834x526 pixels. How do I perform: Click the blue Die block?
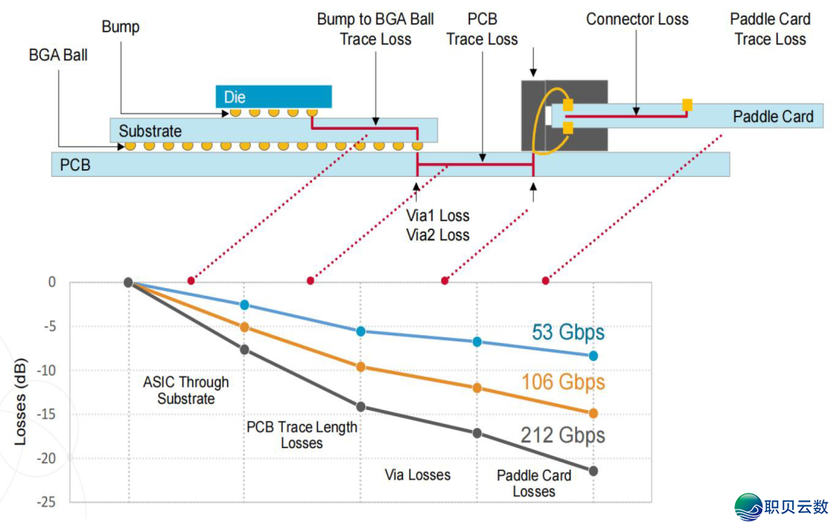273,97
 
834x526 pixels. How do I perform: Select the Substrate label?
150,131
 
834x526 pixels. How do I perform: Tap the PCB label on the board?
75,165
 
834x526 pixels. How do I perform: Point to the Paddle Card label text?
773,117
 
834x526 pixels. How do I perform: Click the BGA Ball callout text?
58,56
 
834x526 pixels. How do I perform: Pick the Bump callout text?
120,27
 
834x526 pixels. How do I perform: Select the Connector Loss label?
637,19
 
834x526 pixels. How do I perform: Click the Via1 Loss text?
438,216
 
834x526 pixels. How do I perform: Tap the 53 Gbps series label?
568,332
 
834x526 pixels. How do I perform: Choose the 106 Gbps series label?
563,382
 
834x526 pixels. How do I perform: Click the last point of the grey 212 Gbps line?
593,470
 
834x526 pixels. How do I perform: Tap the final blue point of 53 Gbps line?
593,356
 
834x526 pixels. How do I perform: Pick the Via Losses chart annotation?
418,475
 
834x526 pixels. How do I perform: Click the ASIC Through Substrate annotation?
186,390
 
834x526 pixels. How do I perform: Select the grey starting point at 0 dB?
128,283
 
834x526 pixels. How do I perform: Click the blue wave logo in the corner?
748,507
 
